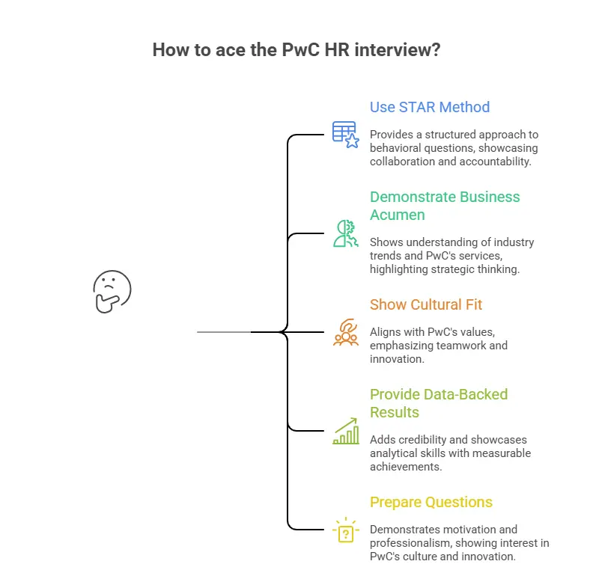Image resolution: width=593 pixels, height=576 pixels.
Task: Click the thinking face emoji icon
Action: pos(112,290)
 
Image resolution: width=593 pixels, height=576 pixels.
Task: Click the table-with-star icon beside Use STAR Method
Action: pos(345,135)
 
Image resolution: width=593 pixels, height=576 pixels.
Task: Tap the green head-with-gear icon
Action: pos(345,233)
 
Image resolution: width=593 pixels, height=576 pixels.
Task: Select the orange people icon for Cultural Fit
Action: pos(345,332)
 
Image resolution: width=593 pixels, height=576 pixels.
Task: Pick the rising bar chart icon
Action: pos(345,431)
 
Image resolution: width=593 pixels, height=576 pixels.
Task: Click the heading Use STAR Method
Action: pos(429,107)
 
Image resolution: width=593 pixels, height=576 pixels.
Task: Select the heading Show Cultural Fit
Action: pos(425,304)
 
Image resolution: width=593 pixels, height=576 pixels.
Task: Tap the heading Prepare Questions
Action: pos(431,502)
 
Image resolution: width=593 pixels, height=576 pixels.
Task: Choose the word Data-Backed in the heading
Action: pos(466,394)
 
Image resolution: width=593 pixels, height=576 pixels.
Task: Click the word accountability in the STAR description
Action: pos(497,162)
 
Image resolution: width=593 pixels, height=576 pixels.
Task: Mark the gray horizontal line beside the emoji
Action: pos(223,331)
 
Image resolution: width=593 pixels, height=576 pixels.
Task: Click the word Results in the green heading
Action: pos(394,412)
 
